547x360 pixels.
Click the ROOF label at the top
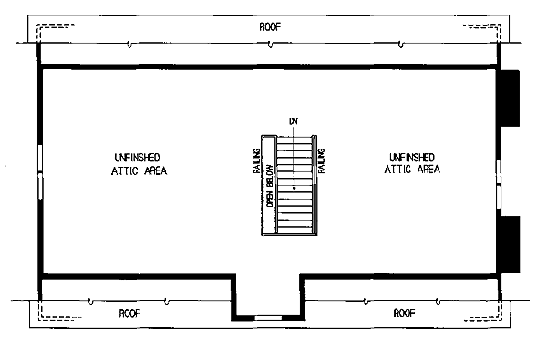click(270, 26)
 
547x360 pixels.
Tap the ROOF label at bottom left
click(129, 314)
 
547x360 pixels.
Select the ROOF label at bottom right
click(404, 313)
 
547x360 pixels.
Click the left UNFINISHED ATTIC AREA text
click(139, 164)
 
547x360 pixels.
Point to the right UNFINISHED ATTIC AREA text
click(412, 163)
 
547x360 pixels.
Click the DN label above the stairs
click(294, 121)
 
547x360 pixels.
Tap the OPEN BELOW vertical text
click(270, 185)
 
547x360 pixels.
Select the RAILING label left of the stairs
click(257, 160)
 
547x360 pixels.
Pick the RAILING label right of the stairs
click(321, 160)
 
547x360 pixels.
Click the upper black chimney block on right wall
click(510, 98)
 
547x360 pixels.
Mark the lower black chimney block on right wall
click(511, 244)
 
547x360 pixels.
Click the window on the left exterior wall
click(40, 171)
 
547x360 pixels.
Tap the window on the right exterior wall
click(499, 184)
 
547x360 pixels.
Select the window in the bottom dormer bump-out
click(268, 318)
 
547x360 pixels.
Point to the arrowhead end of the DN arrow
click(294, 189)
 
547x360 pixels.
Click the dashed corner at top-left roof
click(38, 26)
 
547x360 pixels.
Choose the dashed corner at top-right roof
click(499, 26)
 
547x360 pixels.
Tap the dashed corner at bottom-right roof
click(500, 317)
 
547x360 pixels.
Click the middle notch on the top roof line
click(270, 45)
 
